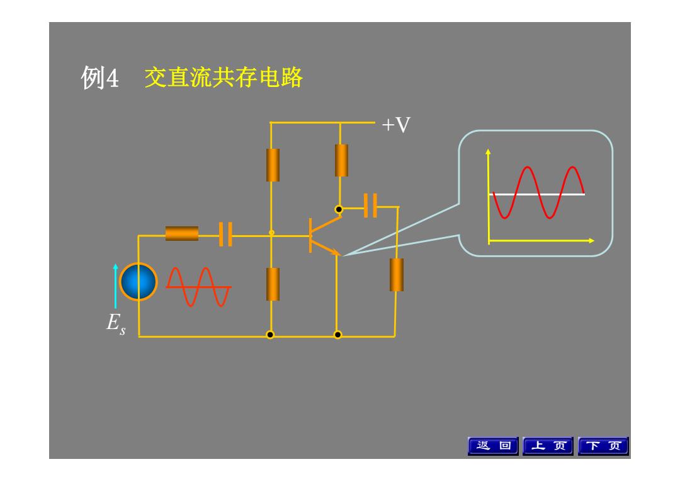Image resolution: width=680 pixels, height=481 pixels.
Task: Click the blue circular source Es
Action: coord(139,282)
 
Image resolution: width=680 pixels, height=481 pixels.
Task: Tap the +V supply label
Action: coord(396,125)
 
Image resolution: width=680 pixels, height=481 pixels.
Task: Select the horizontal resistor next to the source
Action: coord(182,233)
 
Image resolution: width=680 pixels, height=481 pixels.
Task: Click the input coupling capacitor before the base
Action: coord(225,235)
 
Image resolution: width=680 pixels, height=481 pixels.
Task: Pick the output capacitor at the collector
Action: coord(370,206)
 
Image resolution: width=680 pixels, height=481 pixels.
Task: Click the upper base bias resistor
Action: coord(273,165)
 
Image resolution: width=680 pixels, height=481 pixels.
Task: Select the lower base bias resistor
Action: coord(273,284)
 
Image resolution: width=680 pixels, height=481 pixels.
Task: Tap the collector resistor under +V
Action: coord(341,160)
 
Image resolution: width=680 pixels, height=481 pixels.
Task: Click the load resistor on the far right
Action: coord(397,275)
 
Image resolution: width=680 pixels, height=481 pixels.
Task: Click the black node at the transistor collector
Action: coord(339,209)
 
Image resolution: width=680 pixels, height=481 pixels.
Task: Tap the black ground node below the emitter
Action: coord(338,335)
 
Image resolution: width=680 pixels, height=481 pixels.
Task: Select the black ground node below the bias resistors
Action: coord(270,335)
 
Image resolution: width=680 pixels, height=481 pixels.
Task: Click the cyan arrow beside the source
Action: coord(115,286)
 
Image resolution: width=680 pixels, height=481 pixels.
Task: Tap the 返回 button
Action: coord(493,446)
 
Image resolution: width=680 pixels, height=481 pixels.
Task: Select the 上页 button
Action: coord(548,446)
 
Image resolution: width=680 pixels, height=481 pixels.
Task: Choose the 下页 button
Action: coord(603,446)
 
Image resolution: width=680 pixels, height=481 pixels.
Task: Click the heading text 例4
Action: coord(99,78)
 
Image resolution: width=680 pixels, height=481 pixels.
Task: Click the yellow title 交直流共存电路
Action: coord(224,78)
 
